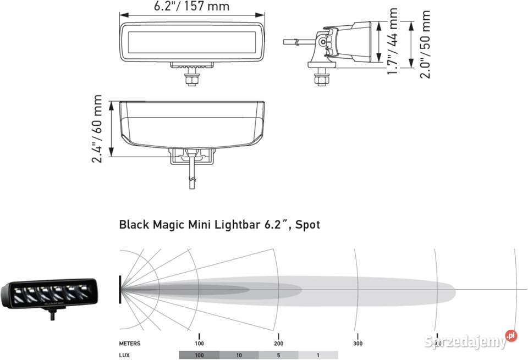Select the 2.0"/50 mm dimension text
point(425,44)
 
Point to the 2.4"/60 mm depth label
point(97,130)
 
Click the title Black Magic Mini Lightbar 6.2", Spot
point(219,224)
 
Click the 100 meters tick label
point(199,344)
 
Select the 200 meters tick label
point(278,344)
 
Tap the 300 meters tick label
point(358,344)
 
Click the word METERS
point(130,344)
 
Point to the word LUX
point(125,356)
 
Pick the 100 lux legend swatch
point(199,356)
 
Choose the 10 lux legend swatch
point(239,356)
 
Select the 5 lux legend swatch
point(278,356)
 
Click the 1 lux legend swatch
point(318,356)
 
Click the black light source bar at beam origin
point(120,289)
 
